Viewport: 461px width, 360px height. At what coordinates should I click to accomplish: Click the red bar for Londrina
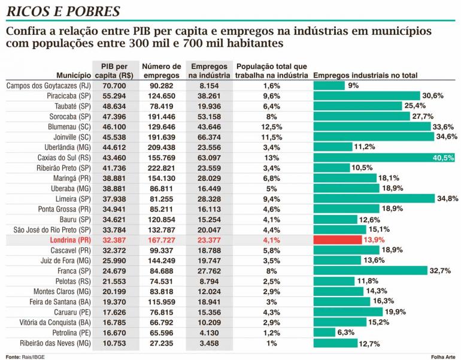coord(338,240)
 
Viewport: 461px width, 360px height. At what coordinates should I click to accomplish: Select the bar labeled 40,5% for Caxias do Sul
coord(384,158)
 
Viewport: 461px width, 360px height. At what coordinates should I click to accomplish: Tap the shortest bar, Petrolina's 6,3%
coord(324,332)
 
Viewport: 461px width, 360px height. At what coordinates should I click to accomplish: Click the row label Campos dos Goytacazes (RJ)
coord(48,86)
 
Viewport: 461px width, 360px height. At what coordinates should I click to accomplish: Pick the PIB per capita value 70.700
coord(114,86)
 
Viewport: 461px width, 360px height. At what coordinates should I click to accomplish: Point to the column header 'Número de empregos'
coord(162,71)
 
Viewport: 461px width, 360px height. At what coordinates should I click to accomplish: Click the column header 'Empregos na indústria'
coord(209,71)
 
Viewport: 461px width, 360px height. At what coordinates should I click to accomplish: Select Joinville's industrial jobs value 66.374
coord(209,137)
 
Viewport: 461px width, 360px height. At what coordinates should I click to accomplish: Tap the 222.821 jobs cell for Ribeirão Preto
coord(162,168)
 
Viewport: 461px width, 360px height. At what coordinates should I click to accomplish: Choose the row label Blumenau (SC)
coord(69,127)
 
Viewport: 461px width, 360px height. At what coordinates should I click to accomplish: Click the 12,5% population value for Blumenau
coord(271,127)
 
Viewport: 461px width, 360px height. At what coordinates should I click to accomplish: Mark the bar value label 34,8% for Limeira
coord(447,198)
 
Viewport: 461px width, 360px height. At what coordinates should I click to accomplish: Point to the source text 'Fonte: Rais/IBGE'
coord(25,357)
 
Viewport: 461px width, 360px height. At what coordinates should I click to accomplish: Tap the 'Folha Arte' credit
coord(443,357)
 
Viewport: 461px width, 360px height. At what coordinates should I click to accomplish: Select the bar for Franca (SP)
coord(371,271)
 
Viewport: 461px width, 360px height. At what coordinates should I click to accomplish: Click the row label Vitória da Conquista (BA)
coord(55,323)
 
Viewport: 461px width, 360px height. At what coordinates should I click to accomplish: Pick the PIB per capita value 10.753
coord(114,343)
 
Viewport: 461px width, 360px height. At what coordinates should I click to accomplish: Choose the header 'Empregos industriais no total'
coord(365,75)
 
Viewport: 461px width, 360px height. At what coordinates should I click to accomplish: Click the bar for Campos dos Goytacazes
coord(329,86)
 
